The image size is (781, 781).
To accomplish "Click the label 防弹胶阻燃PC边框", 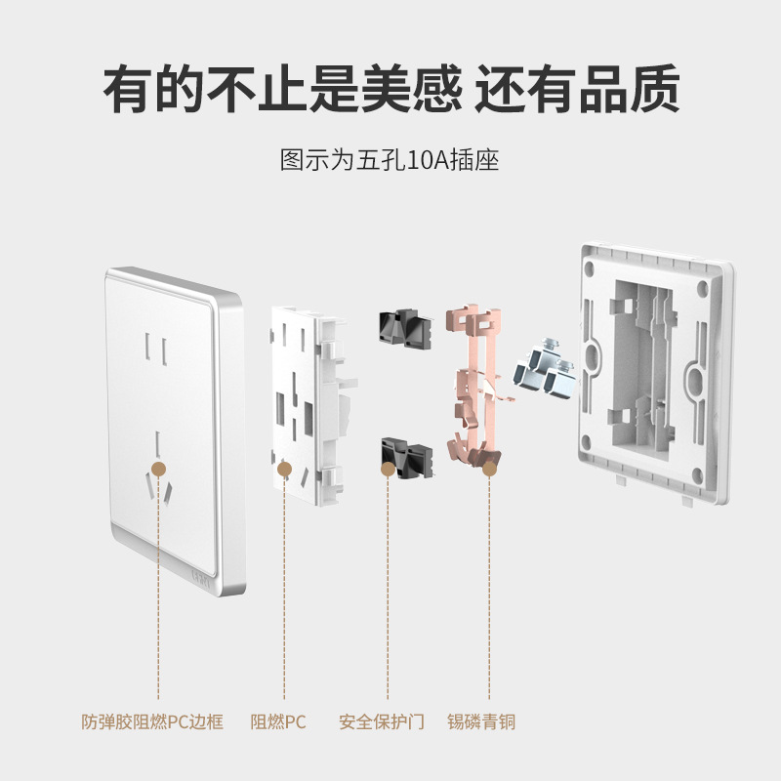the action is (x=152, y=721).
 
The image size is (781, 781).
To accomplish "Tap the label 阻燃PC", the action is (x=278, y=721).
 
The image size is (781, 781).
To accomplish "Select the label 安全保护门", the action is (x=381, y=721).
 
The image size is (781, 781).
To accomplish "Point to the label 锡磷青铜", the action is (x=481, y=721).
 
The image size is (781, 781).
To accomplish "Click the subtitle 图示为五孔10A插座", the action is (x=390, y=160).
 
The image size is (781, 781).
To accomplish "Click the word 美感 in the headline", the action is (x=412, y=89).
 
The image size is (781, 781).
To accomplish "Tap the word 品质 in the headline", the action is (x=630, y=89).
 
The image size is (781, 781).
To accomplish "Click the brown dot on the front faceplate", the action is (x=158, y=469).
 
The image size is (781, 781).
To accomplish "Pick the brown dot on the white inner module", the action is (x=284, y=469).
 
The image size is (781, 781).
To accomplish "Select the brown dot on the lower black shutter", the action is (x=388, y=469).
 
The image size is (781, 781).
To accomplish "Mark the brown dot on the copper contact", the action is (x=490, y=469).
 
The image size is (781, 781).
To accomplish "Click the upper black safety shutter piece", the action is (x=405, y=328).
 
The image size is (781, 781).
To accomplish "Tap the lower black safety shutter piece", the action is (x=406, y=457).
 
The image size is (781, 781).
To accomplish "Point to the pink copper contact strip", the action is (x=474, y=386).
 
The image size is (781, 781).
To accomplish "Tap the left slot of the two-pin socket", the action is (x=148, y=347).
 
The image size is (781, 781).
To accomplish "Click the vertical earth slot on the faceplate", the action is (x=158, y=444).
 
